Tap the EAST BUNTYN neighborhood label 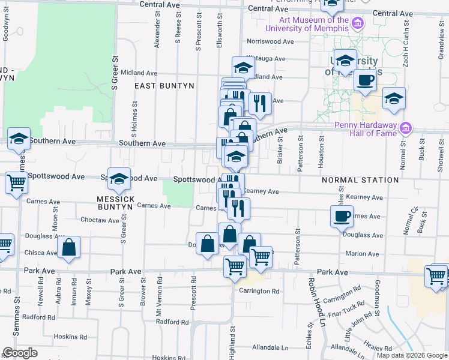[164, 86]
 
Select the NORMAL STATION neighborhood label [360, 180]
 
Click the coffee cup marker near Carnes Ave [342, 215]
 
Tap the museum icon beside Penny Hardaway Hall [406, 128]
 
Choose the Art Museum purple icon [358, 23]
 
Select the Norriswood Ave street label [270, 42]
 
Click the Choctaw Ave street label [100, 220]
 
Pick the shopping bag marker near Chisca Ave [69, 247]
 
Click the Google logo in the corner [20, 353]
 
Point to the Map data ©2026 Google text [411, 355]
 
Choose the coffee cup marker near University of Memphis [364, 80]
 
